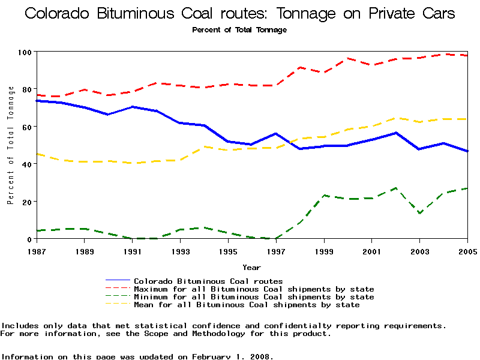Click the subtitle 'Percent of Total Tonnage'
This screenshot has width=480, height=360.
[239, 30]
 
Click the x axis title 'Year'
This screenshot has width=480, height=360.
[251, 267]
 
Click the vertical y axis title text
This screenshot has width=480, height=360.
[11, 145]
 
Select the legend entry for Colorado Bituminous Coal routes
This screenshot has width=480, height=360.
[208, 281]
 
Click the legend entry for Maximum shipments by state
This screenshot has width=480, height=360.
[254, 289]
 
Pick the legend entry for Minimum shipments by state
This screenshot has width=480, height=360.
[254, 297]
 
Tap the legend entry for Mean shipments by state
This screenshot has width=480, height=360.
[247, 305]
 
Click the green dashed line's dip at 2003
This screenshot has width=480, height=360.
[420, 213]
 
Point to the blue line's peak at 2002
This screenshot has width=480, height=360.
[396, 133]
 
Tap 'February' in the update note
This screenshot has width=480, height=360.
[212, 356]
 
